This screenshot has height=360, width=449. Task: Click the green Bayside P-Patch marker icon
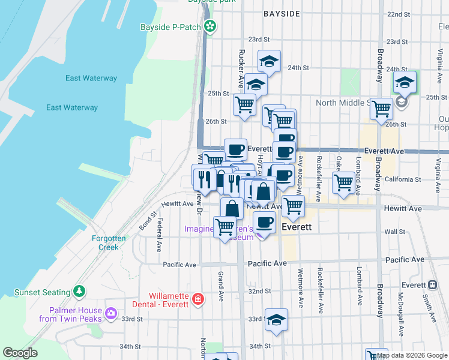210,26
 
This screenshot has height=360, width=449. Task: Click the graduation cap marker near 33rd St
277,319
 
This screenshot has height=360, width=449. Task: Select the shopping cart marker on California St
343,182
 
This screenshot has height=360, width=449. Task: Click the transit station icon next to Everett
432,285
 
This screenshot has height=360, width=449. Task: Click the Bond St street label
148,220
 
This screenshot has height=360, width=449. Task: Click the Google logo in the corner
20,353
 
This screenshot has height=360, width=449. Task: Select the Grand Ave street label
221,286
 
